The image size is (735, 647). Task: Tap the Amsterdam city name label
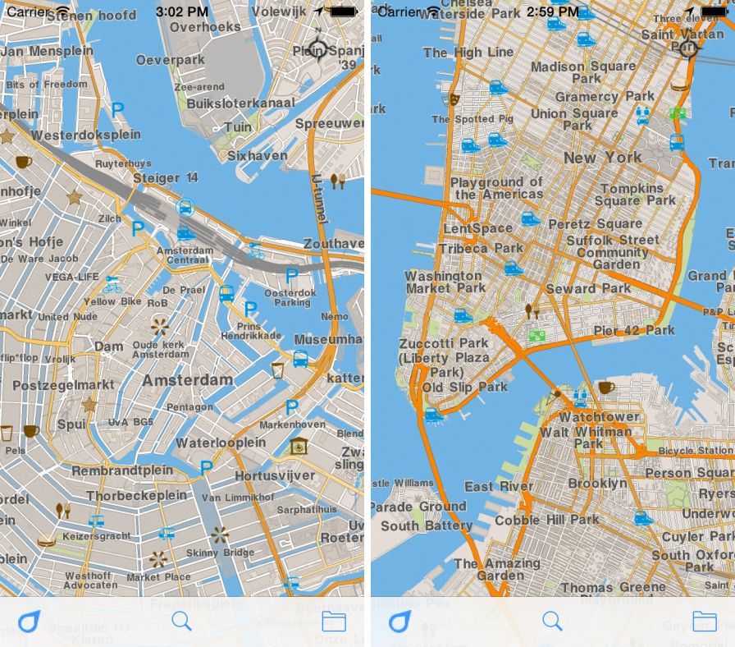pos(188,381)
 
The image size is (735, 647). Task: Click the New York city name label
pos(602,158)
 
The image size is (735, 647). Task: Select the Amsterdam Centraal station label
pos(185,254)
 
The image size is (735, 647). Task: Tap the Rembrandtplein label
pos(122,471)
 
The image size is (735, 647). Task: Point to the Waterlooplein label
pos(221,443)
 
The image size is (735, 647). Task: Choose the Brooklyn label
pos(597,484)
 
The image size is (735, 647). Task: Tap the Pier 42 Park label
pos(634,331)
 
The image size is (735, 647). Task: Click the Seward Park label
pos(588,289)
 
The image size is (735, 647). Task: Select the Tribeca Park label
pos(481,248)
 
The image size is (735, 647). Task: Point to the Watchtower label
pos(599,417)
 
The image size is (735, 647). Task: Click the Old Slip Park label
pos(465,388)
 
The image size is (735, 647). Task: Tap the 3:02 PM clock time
pos(182,11)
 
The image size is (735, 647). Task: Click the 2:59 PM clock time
pos(551,11)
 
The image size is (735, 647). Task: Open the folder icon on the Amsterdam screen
pos(334,622)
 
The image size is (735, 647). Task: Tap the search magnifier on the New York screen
pos(552,622)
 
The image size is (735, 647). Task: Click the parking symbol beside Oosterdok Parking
pos(291,275)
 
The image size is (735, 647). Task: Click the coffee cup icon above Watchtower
pos(605,387)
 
